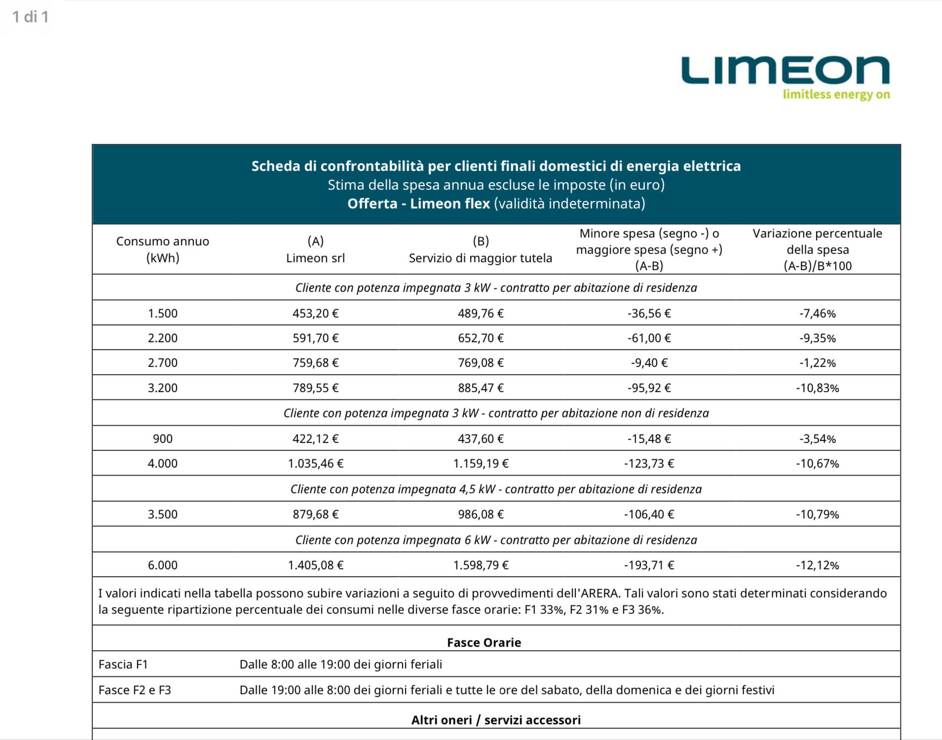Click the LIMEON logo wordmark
point(785,71)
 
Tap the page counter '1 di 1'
point(30,17)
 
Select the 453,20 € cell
point(315,313)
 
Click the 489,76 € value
point(481,313)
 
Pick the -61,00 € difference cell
point(649,338)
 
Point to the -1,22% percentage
point(817,363)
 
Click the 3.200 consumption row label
point(162,388)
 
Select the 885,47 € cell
point(481,388)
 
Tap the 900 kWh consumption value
point(162,439)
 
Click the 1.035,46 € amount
point(315,464)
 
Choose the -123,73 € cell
point(649,464)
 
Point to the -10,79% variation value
point(817,514)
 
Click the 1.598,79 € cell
point(481,565)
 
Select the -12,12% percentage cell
point(817,565)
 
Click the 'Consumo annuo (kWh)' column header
point(162,249)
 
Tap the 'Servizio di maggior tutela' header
point(480,258)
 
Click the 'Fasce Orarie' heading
point(484,642)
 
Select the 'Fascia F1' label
point(123,664)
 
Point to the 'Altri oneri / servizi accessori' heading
point(496,720)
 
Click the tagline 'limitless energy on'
point(836,94)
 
